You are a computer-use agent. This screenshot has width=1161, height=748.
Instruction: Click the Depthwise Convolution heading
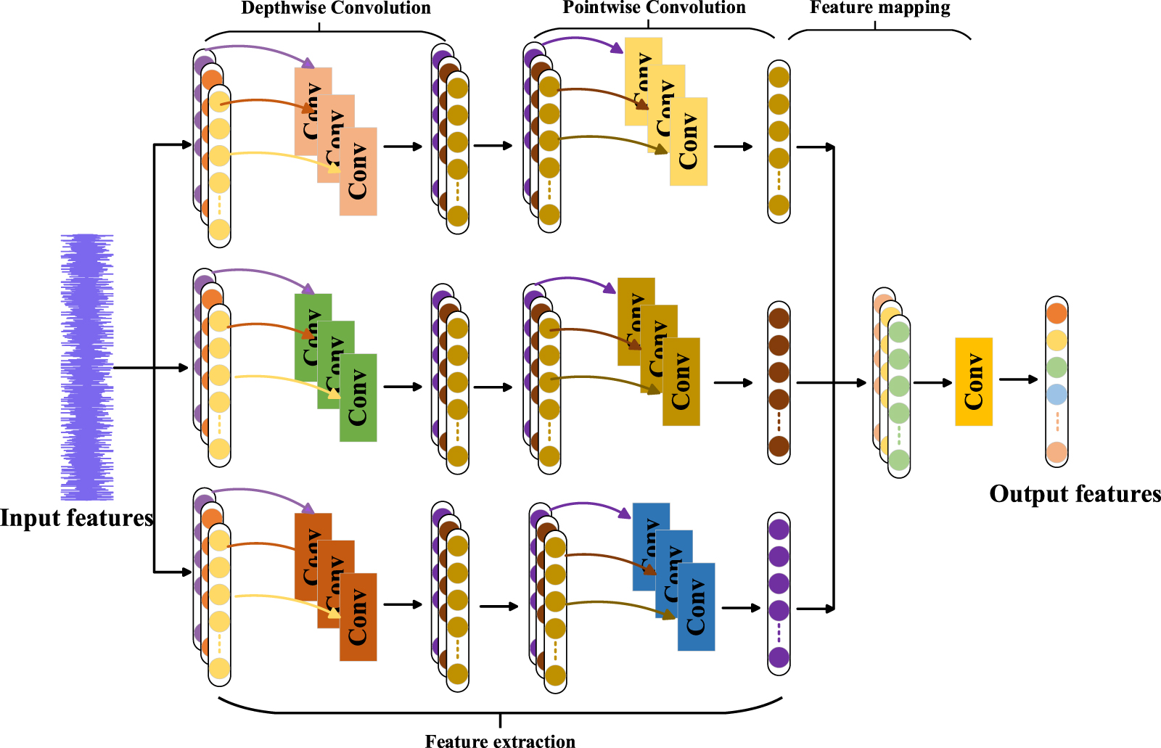(335, 9)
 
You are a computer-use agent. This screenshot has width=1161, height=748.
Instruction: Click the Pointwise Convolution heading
(654, 8)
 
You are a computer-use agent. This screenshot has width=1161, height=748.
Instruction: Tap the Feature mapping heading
(879, 8)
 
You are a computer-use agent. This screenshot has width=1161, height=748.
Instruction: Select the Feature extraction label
(500, 740)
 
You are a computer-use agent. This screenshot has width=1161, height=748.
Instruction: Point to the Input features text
(76, 518)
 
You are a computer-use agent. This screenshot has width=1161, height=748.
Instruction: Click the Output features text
(1075, 494)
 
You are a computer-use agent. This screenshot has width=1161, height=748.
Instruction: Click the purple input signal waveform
(87, 366)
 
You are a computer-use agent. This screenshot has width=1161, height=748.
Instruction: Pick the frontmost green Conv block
(358, 398)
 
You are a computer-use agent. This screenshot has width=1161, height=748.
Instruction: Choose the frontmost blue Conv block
(697, 607)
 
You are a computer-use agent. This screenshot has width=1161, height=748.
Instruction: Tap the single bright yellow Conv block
(973, 381)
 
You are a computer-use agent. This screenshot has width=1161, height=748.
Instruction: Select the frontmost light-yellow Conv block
(689, 141)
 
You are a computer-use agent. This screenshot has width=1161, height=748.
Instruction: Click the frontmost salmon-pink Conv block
(358, 172)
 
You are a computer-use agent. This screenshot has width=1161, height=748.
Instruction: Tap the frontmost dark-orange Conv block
(358, 617)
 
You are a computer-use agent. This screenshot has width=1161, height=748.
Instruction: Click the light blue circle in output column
(1057, 395)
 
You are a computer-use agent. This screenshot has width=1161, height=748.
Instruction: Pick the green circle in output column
(1057, 367)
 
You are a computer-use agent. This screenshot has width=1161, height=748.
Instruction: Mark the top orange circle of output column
(1057, 313)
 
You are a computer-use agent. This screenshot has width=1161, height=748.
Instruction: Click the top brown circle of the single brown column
(779, 318)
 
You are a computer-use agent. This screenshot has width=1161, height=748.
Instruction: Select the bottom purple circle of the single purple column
(779, 657)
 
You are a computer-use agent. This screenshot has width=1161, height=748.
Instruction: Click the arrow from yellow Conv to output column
(1018, 379)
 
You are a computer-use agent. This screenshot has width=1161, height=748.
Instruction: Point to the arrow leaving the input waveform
(149, 368)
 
